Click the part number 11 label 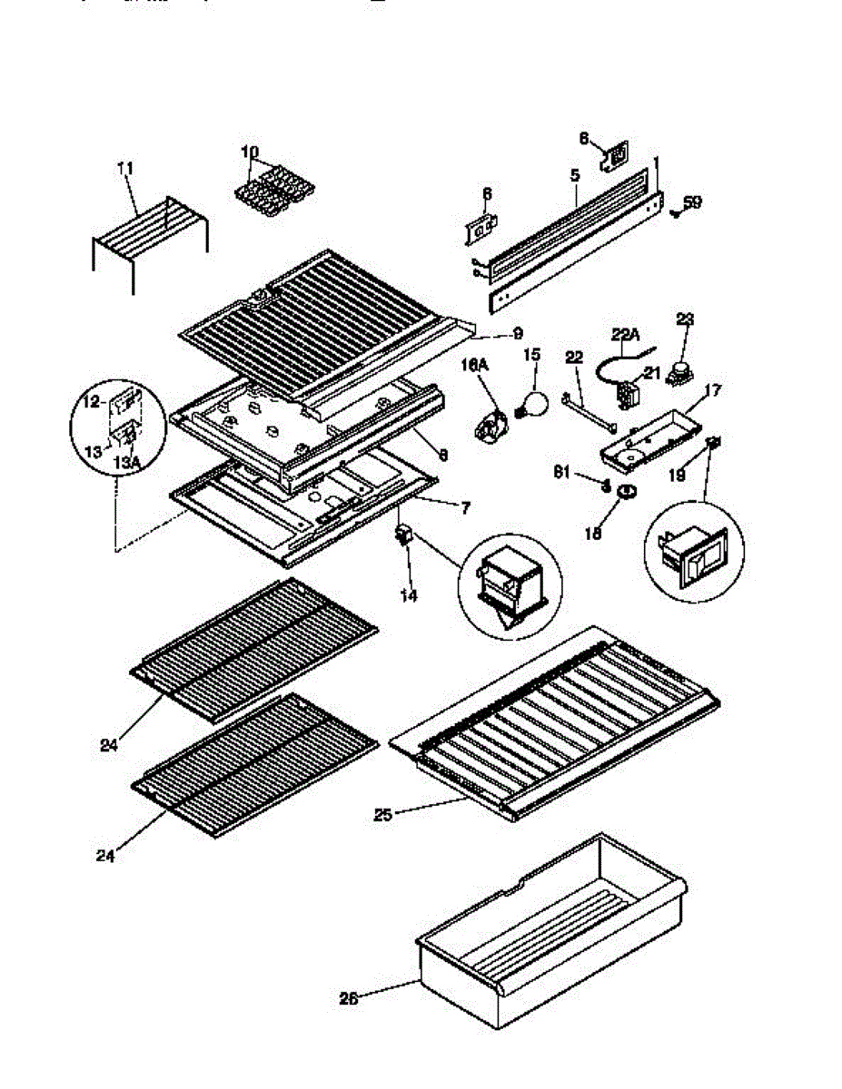click(x=125, y=167)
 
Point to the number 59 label click(x=693, y=202)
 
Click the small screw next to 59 click(x=674, y=213)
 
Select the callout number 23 click(x=685, y=318)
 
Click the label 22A click(x=626, y=334)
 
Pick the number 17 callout click(x=713, y=391)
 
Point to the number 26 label click(x=349, y=998)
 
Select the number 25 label click(x=382, y=814)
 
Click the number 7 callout click(x=464, y=508)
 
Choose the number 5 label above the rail click(x=575, y=172)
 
